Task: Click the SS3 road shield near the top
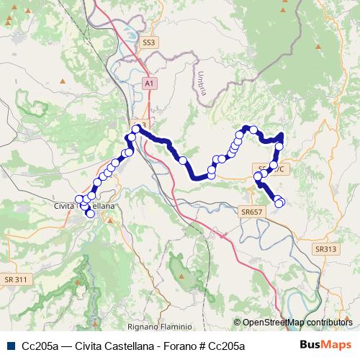149,43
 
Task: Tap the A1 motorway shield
149,84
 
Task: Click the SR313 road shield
325,248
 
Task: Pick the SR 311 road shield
15,279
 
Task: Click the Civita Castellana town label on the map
85,206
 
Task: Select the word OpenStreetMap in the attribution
274,323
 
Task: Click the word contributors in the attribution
330,323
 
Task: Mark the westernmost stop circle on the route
80,199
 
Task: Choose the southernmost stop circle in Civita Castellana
90,213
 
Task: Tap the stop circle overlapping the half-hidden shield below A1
136,129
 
